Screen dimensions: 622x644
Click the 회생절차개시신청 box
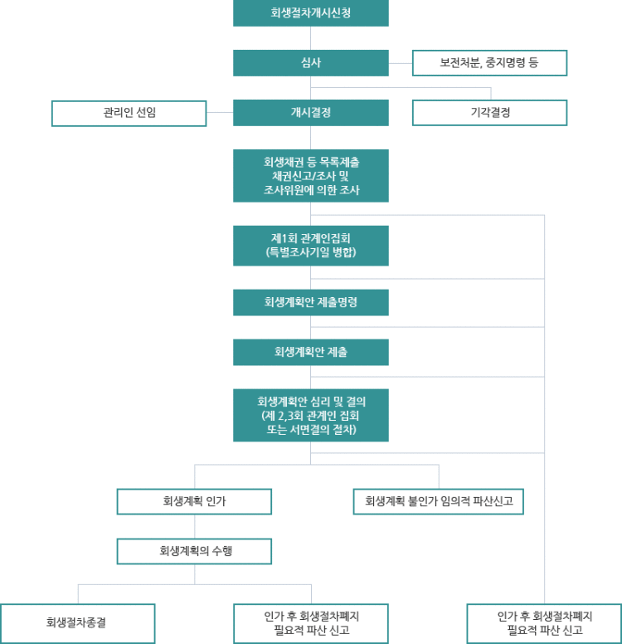pyautogui.click(x=311, y=13)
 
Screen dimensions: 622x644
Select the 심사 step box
pyautogui.click(x=311, y=63)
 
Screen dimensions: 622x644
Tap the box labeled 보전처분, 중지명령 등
pyautogui.click(x=490, y=63)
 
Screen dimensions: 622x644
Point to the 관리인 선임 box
pyautogui.click(x=129, y=113)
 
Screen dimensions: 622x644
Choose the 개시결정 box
pyautogui.click(x=311, y=113)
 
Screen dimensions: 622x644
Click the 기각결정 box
pyautogui.click(x=490, y=113)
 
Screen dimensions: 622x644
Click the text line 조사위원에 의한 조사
pyautogui.click(x=311, y=190)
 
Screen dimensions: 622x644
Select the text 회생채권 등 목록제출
pyautogui.click(x=311, y=162)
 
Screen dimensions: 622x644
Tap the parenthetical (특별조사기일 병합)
pyautogui.click(x=311, y=252)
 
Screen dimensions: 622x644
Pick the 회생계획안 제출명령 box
pyautogui.click(x=311, y=302)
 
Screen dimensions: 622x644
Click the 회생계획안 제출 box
pyautogui.click(x=311, y=352)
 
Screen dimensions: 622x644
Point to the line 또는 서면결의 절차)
pyautogui.click(x=311, y=430)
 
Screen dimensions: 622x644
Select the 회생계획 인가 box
pyautogui.click(x=194, y=501)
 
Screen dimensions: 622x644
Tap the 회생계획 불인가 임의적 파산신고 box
pyautogui.click(x=439, y=501)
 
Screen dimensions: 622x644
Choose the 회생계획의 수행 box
pyautogui.click(x=194, y=551)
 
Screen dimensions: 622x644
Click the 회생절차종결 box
pyautogui.click(x=78, y=623)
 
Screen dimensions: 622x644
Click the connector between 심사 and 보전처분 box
pyautogui.click(x=401, y=63)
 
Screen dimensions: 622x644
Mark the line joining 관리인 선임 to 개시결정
pyautogui.click(x=220, y=113)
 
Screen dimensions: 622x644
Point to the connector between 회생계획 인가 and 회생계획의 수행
pyautogui.click(x=195, y=526)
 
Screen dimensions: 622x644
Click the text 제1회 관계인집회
pyautogui.click(x=311, y=238)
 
